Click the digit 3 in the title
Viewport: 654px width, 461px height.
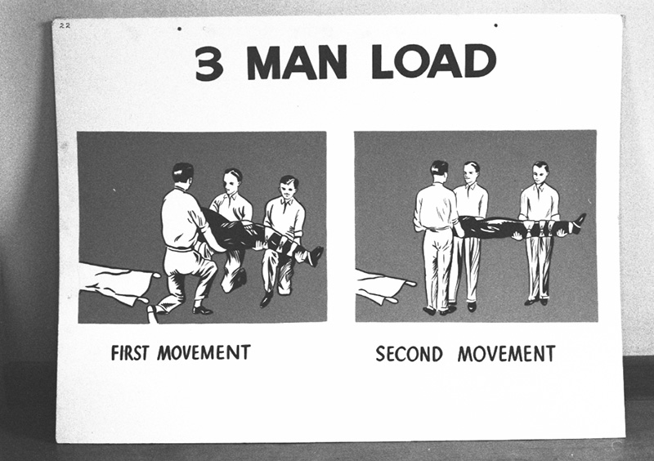click(209, 63)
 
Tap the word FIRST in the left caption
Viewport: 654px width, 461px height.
click(132, 353)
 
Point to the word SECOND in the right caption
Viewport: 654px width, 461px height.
click(409, 354)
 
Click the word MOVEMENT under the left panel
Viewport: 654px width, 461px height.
click(204, 353)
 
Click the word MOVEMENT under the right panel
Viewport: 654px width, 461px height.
click(506, 354)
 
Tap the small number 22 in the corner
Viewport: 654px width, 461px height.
click(65, 26)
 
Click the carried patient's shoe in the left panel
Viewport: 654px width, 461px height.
click(315, 255)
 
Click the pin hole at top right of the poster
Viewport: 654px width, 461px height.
click(495, 25)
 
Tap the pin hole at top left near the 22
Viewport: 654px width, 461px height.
click(179, 29)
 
